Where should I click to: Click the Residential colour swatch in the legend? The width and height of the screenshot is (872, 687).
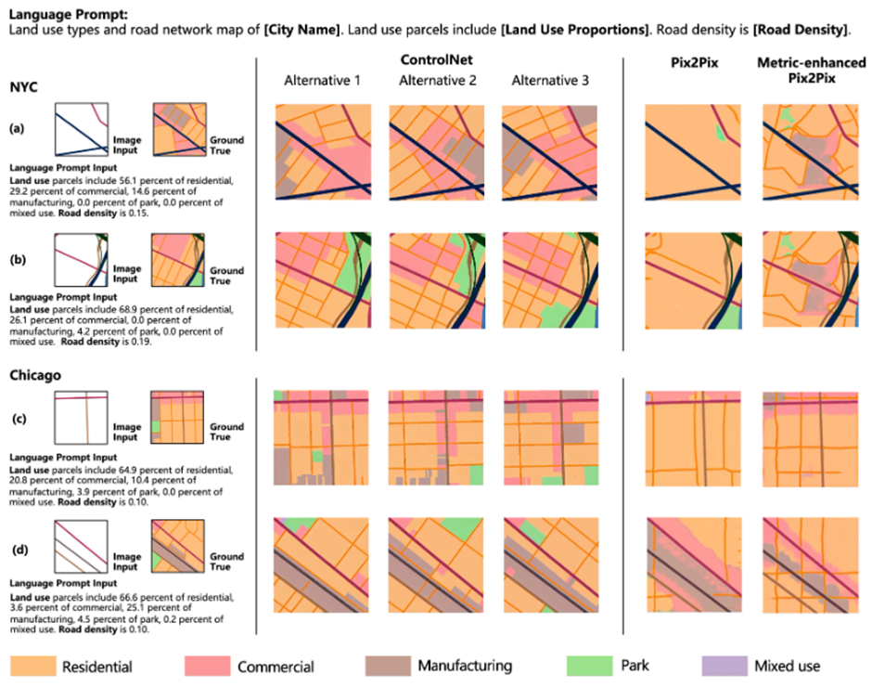32,665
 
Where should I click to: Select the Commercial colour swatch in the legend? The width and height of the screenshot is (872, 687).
206,665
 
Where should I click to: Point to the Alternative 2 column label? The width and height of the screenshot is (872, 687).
438,81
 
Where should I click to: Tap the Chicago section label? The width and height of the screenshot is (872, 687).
36,377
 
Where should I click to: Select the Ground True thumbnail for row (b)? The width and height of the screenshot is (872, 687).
183,262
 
